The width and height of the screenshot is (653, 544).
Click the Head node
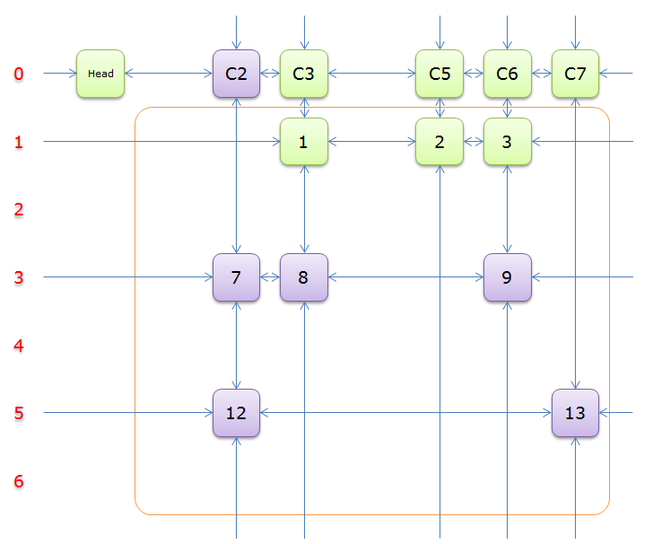click(x=100, y=74)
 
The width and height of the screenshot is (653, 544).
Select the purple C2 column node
click(x=236, y=74)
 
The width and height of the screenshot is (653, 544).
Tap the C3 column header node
click(x=304, y=74)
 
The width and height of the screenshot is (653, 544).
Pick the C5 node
click(x=440, y=74)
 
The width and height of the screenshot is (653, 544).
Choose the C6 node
click(x=507, y=74)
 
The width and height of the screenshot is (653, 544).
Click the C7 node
click(x=575, y=74)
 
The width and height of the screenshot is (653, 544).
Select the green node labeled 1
click(x=304, y=142)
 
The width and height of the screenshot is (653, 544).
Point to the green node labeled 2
click(x=440, y=142)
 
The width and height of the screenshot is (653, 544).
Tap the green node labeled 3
click(x=507, y=142)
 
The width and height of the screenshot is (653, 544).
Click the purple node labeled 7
click(x=236, y=277)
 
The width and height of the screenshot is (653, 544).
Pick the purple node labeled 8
click(x=304, y=277)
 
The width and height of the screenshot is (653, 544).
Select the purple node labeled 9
click(x=507, y=277)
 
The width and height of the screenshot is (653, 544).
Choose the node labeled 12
click(x=236, y=413)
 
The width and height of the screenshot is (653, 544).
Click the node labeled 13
click(x=575, y=413)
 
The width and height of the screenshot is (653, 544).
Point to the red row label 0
click(x=19, y=74)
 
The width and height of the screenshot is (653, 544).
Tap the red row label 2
click(x=19, y=210)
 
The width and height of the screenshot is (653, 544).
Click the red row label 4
click(x=19, y=346)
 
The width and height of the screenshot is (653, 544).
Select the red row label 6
click(x=19, y=482)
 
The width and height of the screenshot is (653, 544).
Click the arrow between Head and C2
click(x=169, y=74)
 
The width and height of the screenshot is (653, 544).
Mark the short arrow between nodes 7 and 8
click(x=270, y=277)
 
